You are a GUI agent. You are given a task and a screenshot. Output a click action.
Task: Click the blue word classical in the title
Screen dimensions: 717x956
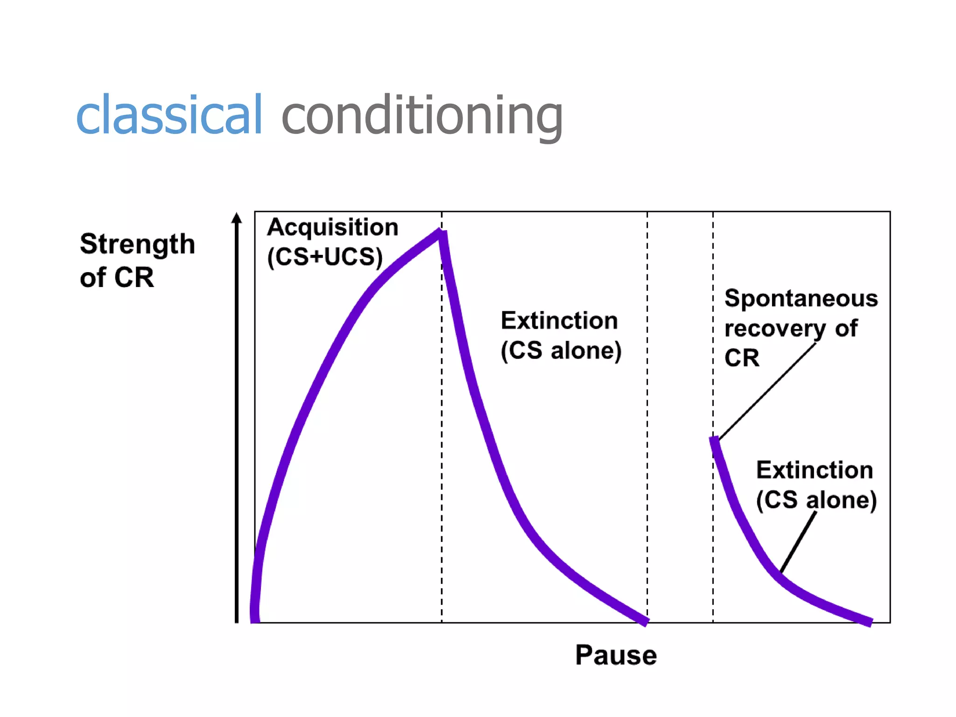click(169, 114)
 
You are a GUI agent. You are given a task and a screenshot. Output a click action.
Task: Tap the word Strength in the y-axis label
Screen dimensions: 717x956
click(137, 244)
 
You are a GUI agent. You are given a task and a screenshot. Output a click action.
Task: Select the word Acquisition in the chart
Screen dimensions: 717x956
click(332, 228)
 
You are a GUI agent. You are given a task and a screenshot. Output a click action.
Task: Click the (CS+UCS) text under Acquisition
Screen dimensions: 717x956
click(325, 257)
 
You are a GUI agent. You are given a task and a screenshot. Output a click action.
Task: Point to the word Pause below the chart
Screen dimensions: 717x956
click(616, 655)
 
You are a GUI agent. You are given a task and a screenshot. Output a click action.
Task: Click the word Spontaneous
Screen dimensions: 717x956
click(801, 298)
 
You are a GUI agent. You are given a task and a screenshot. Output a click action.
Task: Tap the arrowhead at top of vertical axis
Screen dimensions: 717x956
click(237, 218)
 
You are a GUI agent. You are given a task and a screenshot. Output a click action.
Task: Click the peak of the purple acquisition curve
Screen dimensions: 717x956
click(440, 232)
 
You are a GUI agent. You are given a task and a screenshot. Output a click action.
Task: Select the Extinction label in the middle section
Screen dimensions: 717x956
click(559, 321)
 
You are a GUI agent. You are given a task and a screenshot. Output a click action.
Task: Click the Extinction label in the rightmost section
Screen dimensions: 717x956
click(815, 470)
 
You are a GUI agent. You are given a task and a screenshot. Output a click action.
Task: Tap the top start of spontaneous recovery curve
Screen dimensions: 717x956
click(714, 440)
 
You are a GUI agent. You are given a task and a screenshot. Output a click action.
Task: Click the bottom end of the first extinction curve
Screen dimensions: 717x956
click(646, 621)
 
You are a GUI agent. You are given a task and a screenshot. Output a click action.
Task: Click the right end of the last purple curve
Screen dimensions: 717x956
click(870, 622)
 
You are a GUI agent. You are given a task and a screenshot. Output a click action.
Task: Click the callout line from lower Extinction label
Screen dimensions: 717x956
click(799, 541)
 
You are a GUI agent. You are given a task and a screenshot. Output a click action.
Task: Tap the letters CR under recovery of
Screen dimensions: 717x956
click(742, 358)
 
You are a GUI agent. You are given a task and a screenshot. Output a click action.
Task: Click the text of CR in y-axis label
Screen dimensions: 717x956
click(117, 278)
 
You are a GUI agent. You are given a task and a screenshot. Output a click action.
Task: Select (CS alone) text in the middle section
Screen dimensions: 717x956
click(561, 351)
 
